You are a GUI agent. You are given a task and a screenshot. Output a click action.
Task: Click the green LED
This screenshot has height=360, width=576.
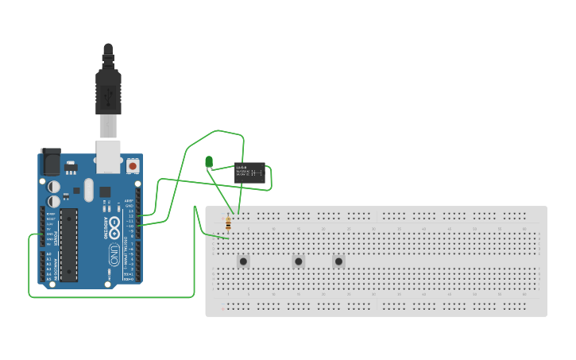pyautogui.click(x=209, y=162)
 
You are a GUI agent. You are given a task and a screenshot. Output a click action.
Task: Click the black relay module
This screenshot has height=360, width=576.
pyautogui.click(x=249, y=172)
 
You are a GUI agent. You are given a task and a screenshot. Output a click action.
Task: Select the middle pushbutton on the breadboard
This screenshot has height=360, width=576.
pyautogui.click(x=299, y=261)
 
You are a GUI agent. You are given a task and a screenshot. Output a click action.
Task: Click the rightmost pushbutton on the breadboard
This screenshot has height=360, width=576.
pyautogui.click(x=338, y=261)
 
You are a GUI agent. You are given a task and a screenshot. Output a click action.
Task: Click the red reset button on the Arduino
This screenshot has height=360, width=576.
pyautogui.click(x=132, y=166)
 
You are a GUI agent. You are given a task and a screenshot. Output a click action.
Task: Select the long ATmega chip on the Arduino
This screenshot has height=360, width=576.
pyautogui.click(x=68, y=244)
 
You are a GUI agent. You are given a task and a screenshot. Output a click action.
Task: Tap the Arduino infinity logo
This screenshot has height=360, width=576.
pyautogui.click(x=114, y=225)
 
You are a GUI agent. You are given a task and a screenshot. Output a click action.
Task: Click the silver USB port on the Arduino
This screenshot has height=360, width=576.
pyautogui.click(x=108, y=156)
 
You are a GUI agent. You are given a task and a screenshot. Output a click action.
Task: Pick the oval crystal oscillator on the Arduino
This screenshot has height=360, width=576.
pyautogui.click(x=88, y=190)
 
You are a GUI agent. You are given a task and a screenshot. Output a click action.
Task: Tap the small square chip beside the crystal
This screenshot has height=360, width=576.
pyautogui.click(x=77, y=191)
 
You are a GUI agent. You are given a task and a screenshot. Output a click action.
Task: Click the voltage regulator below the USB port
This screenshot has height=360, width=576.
pyautogui.click(x=72, y=167)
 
